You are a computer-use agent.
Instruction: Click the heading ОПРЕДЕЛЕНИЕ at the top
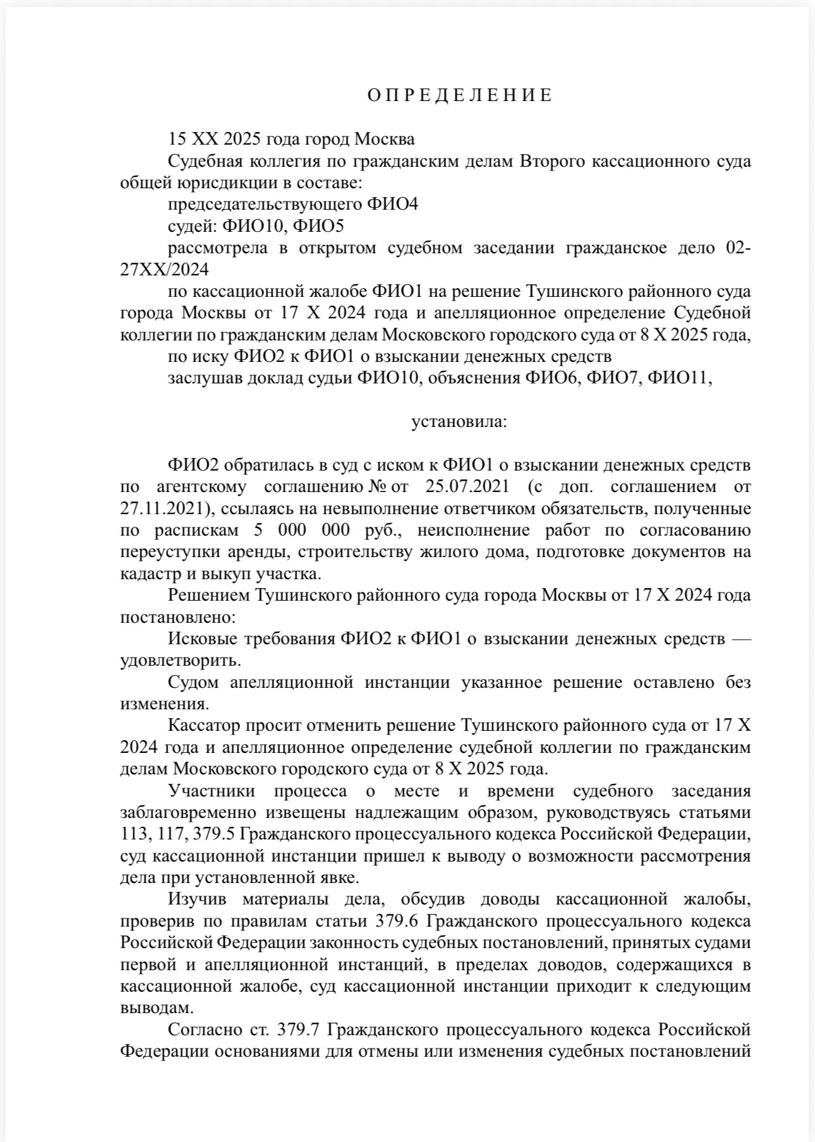(x=460, y=95)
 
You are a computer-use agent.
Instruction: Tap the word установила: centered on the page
(x=459, y=421)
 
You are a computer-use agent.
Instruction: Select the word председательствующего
(x=264, y=204)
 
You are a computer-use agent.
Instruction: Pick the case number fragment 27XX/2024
(x=164, y=270)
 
